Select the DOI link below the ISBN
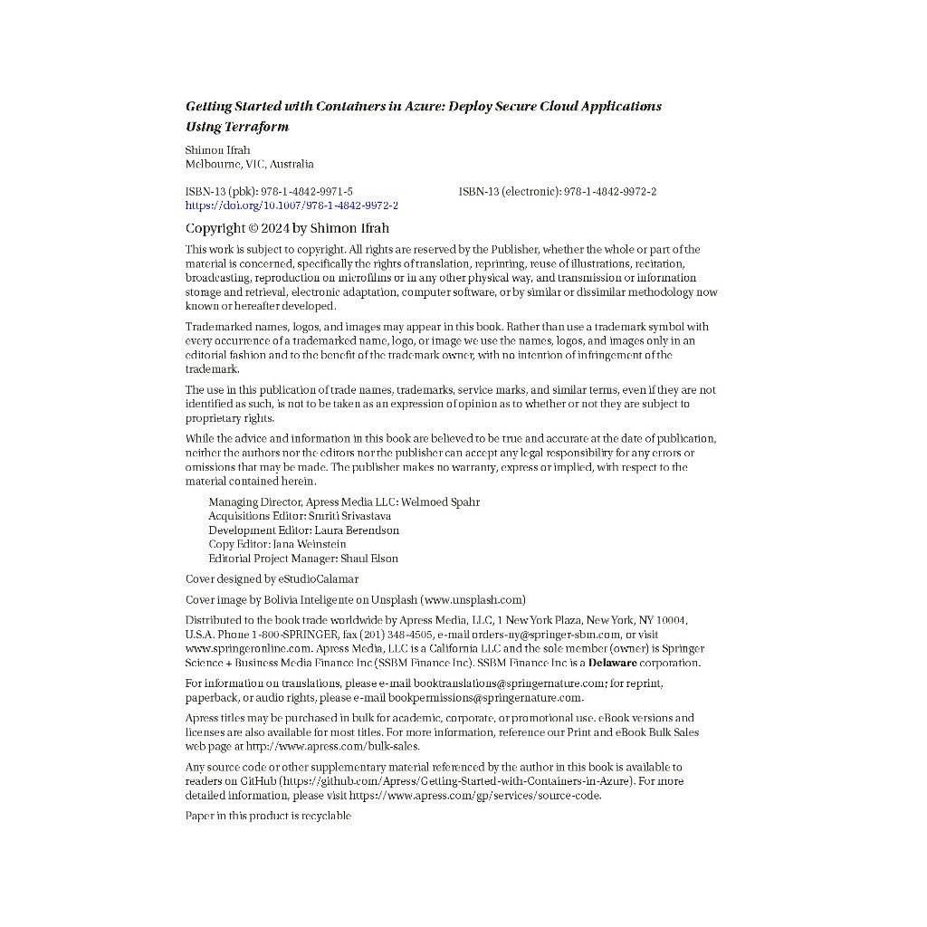pos(291,205)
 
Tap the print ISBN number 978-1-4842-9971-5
pos(307,192)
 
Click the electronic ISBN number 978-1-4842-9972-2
pos(610,192)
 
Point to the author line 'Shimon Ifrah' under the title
pos(217,150)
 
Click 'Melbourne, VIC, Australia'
pos(249,165)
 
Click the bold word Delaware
pos(612,663)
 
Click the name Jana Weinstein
pos(309,544)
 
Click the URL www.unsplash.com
pos(473,599)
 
